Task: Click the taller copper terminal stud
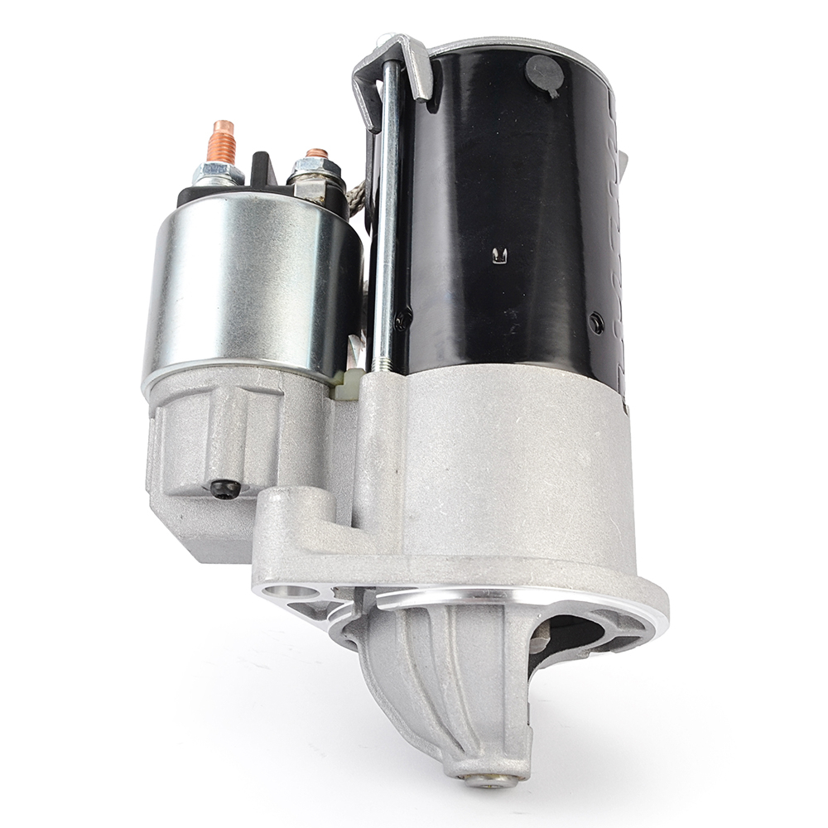[223, 142]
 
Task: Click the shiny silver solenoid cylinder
[248, 290]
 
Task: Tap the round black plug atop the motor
[544, 73]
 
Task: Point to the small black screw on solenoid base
[225, 489]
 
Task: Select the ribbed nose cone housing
[447, 679]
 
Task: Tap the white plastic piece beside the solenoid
[349, 383]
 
